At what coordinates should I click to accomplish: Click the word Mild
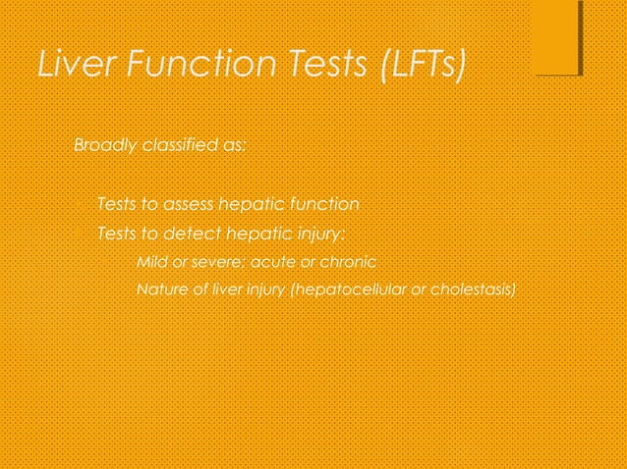click(x=151, y=262)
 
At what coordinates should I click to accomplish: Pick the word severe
click(x=216, y=262)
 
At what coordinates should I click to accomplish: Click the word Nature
click(x=160, y=290)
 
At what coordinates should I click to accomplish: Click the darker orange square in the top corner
click(x=557, y=36)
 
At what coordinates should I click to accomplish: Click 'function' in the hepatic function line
click(x=323, y=205)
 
